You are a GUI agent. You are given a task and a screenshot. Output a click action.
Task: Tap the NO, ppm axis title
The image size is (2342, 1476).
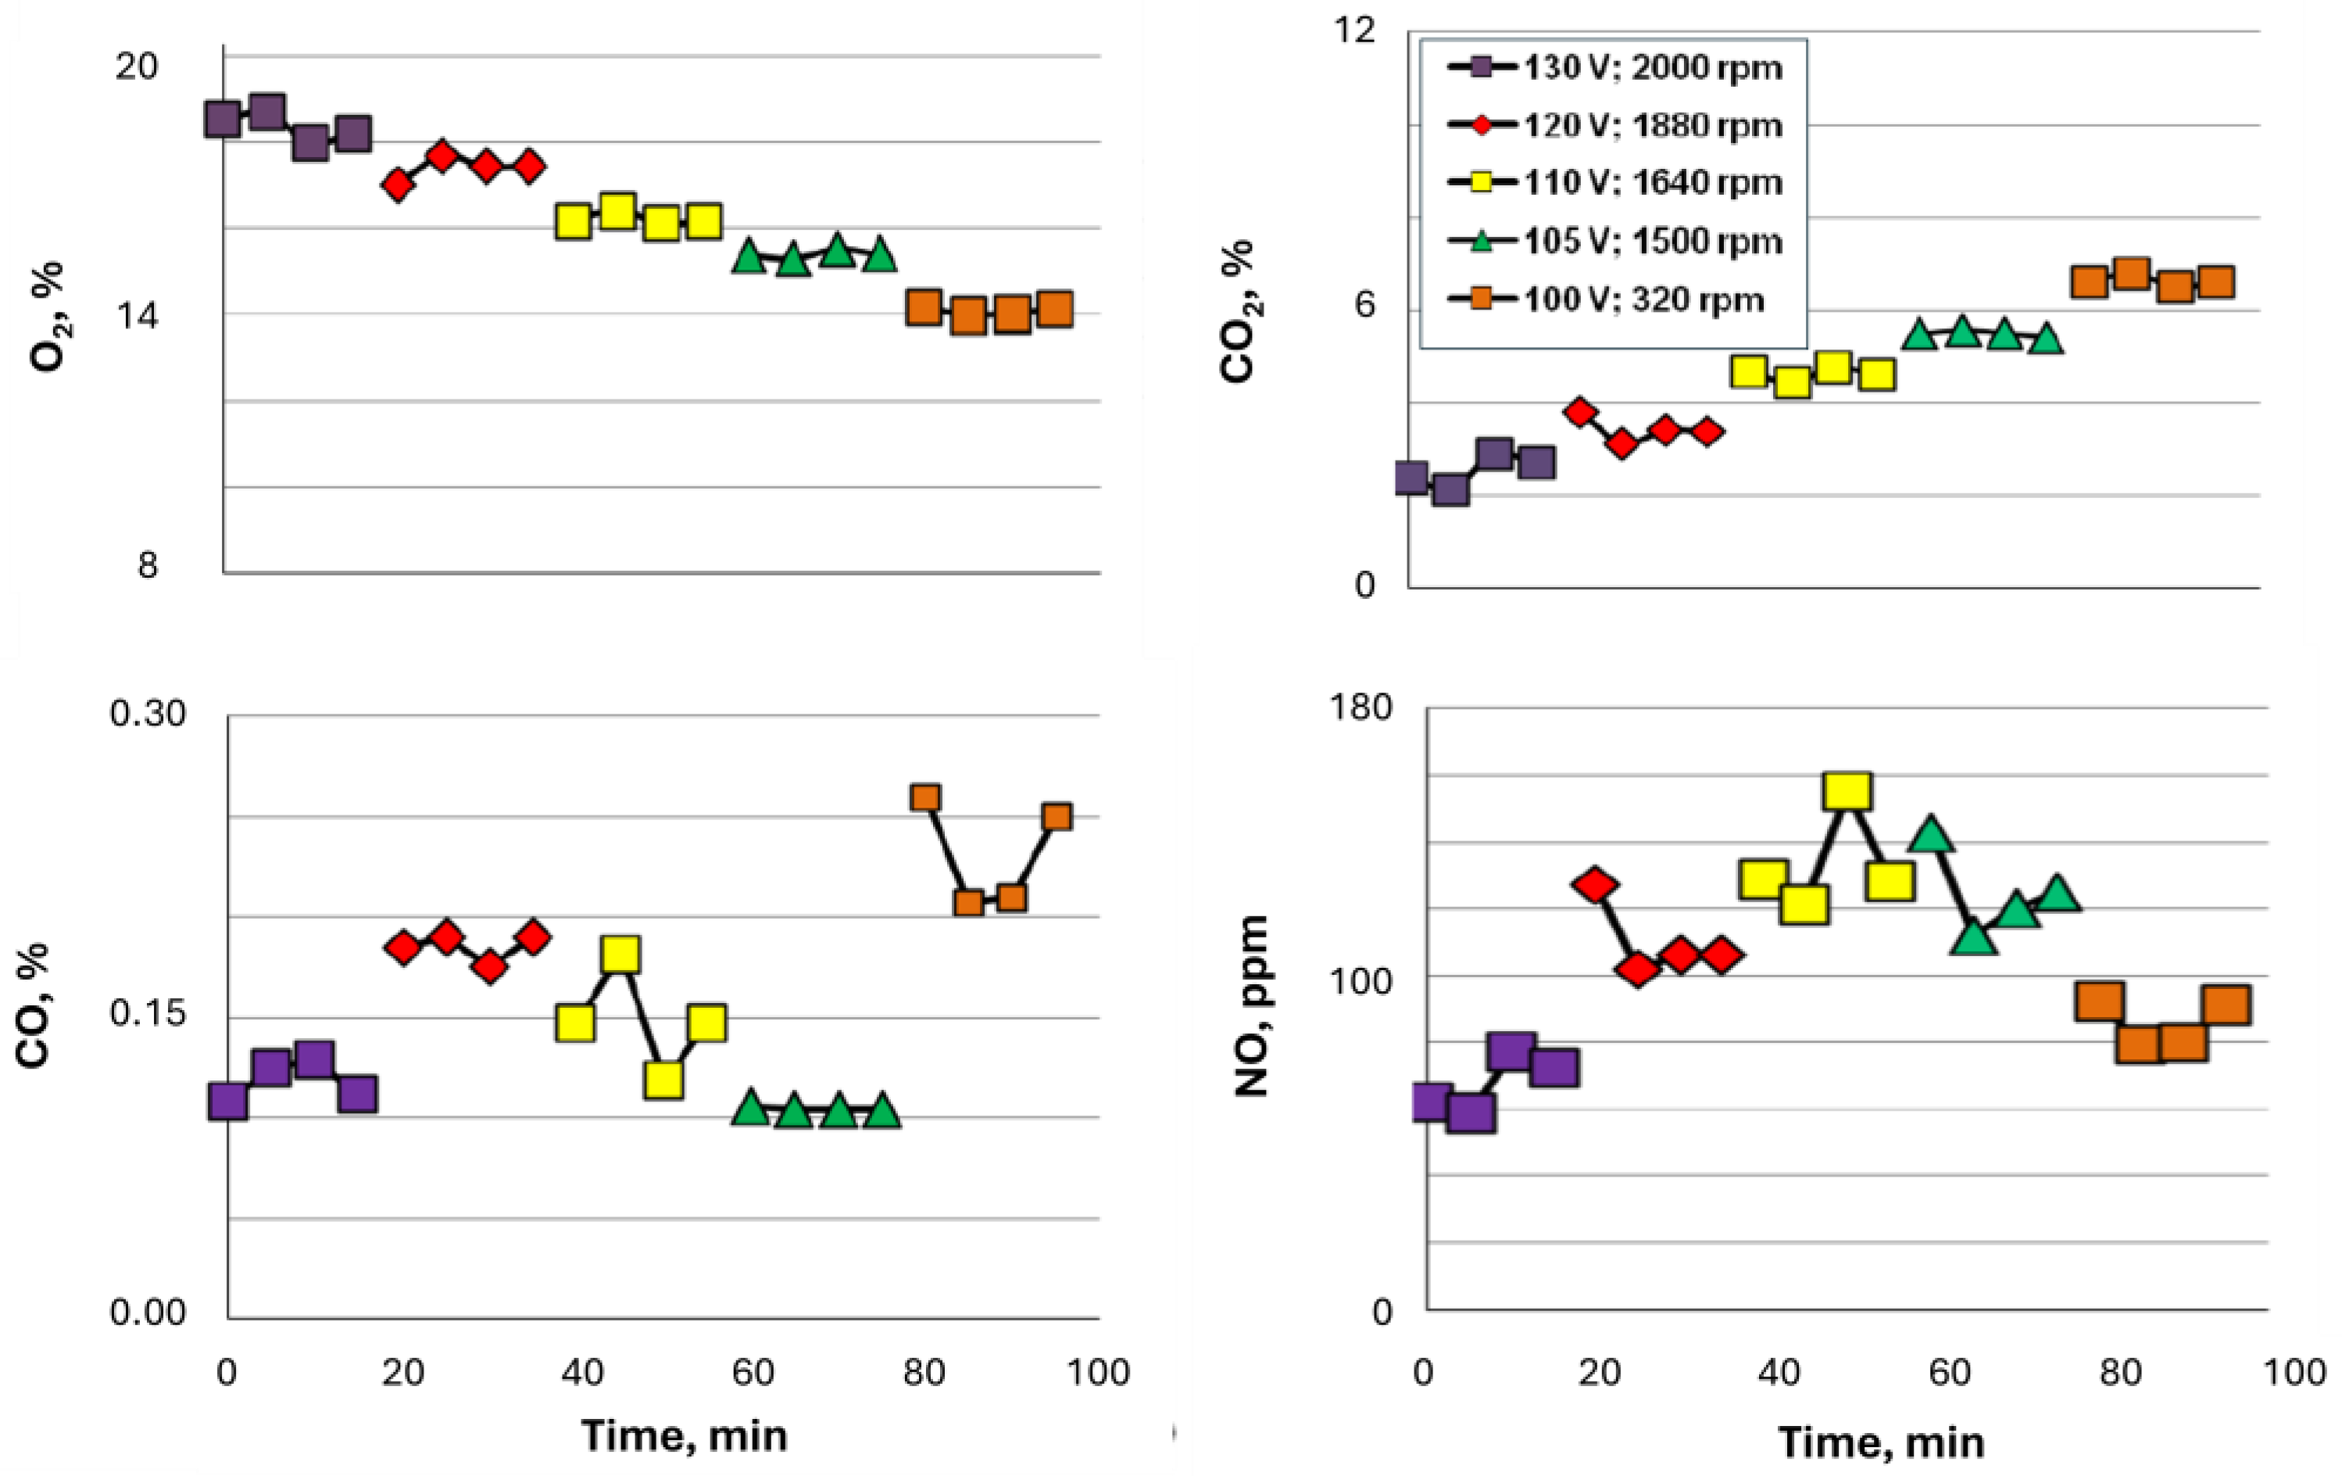click(x=1253, y=1006)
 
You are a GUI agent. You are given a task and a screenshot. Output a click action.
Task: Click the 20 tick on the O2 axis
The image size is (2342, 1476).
click(x=136, y=67)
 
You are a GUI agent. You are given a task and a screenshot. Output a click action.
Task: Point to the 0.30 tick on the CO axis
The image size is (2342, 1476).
click(x=147, y=715)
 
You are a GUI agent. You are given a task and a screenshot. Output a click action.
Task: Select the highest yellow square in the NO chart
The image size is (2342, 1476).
click(x=1847, y=792)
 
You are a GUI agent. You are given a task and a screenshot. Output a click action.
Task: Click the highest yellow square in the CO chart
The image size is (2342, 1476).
click(x=620, y=955)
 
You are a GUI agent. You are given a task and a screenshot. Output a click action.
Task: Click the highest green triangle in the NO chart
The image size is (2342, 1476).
click(x=1931, y=835)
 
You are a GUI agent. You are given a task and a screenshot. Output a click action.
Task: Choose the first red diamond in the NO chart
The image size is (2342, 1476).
click(x=1594, y=886)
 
